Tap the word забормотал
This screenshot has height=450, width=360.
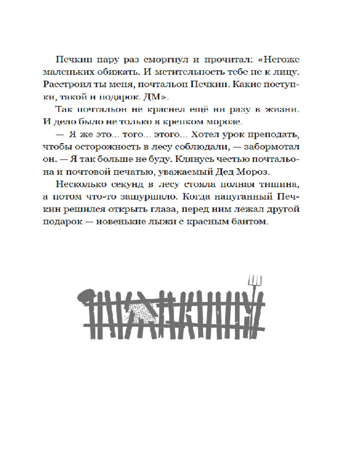[256, 148]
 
